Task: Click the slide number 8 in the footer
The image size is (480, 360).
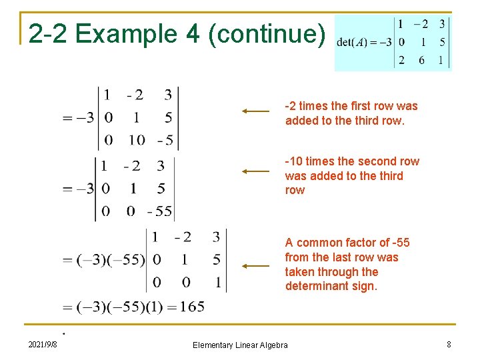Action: point(449,344)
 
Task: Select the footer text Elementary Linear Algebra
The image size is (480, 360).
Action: point(240,345)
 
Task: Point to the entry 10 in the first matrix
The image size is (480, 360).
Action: point(137,140)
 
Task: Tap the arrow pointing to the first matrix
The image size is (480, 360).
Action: point(255,111)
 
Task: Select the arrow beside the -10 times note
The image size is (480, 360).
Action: point(255,171)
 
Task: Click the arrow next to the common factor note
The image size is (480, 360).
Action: point(255,265)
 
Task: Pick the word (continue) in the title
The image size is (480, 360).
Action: point(267,34)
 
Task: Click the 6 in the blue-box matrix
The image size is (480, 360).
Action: point(421,60)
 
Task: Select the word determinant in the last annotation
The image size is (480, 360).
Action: point(313,287)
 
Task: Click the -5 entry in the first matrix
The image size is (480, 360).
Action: point(166,140)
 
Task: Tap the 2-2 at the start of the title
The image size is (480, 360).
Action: point(46,34)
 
